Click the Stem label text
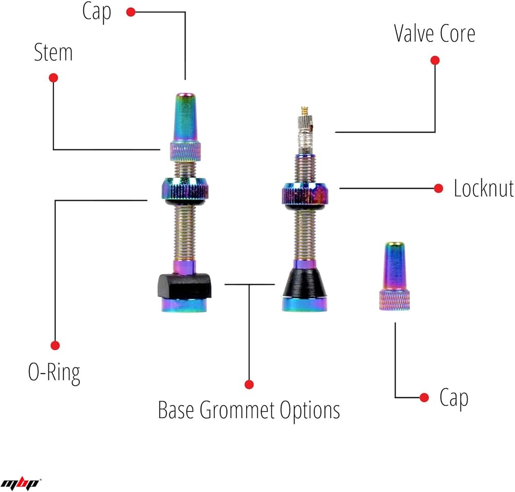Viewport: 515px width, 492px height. [x=53, y=53]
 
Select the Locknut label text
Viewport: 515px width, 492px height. [x=483, y=189]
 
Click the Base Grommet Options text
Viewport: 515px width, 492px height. [x=249, y=411]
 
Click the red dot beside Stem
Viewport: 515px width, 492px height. [x=53, y=78]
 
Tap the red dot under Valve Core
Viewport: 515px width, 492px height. [x=435, y=60]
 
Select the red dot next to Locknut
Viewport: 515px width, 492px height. [x=439, y=189]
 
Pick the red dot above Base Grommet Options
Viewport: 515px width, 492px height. [x=249, y=384]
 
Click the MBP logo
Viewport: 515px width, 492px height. [x=21, y=483]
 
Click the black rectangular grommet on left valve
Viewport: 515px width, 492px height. [x=184, y=285]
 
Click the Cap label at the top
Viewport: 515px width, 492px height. [x=96, y=12]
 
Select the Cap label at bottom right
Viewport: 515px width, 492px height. [x=454, y=398]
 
